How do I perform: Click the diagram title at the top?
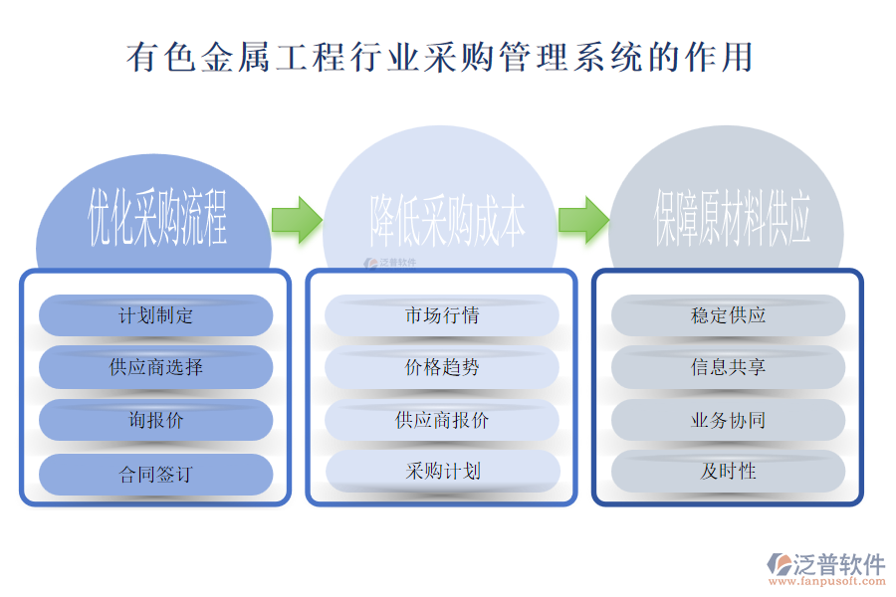click(439, 57)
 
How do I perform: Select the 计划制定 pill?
click(155, 315)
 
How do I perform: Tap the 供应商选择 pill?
click(155, 367)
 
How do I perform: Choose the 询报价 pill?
click(155, 420)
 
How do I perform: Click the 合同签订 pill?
click(155, 474)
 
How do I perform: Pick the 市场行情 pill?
click(442, 315)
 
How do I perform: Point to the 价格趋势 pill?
click(442, 367)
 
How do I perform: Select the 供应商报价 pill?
click(442, 420)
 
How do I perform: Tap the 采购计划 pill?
click(442, 471)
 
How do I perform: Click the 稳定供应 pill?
click(728, 315)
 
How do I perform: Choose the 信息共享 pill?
click(728, 367)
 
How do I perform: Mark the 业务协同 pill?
click(728, 420)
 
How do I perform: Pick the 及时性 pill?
click(728, 471)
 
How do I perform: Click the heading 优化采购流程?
click(157, 219)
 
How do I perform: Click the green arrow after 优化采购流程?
click(296, 219)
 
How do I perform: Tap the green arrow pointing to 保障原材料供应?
click(582, 219)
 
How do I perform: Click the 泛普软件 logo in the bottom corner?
click(825, 564)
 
